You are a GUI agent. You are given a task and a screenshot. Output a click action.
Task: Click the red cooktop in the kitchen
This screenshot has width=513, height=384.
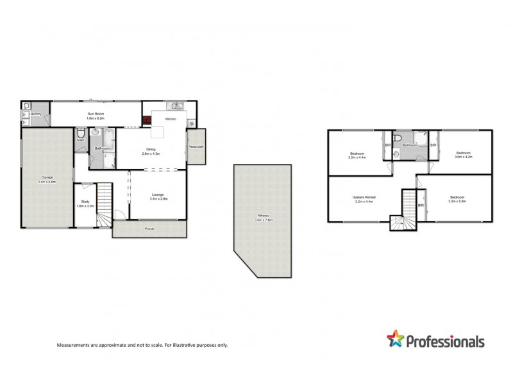click(x=147, y=120)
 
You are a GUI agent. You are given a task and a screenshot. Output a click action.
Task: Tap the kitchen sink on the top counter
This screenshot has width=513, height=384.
click(x=176, y=106)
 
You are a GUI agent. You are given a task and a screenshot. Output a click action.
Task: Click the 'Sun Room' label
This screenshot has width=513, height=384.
click(x=96, y=114)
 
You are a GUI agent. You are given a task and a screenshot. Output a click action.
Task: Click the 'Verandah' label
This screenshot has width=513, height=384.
click(x=196, y=147)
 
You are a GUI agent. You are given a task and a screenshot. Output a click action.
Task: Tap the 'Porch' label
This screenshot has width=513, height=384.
click(x=149, y=228)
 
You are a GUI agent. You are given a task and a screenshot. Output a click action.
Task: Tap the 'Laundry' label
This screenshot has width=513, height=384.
click(x=35, y=114)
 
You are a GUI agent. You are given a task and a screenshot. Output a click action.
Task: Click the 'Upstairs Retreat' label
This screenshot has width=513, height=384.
click(x=362, y=196)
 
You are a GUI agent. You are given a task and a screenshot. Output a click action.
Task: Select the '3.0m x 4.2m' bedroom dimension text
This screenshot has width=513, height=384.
click(x=464, y=156)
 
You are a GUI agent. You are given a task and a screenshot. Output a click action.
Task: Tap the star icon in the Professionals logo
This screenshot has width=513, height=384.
click(x=395, y=340)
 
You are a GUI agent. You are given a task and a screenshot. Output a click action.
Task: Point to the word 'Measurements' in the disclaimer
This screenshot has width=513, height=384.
click(x=75, y=345)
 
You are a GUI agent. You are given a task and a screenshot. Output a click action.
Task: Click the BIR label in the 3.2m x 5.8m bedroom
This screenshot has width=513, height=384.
click(x=421, y=205)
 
